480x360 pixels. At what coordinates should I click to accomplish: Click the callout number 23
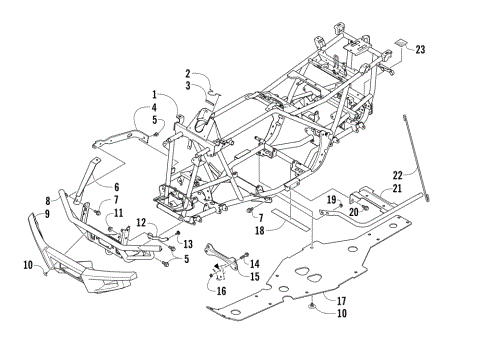(x=420, y=49)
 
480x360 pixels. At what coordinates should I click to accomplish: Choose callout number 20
(x=354, y=211)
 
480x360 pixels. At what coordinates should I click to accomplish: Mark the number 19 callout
(x=330, y=200)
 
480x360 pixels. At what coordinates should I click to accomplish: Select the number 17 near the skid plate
(x=314, y=301)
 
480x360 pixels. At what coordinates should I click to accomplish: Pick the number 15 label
(x=254, y=276)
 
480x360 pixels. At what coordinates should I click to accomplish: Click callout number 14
(x=254, y=263)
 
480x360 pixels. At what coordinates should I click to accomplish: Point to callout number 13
(x=187, y=244)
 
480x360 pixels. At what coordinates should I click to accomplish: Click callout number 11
(x=119, y=213)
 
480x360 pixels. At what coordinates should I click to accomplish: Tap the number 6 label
(x=116, y=187)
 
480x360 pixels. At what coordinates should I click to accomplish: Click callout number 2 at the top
(x=187, y=73)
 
